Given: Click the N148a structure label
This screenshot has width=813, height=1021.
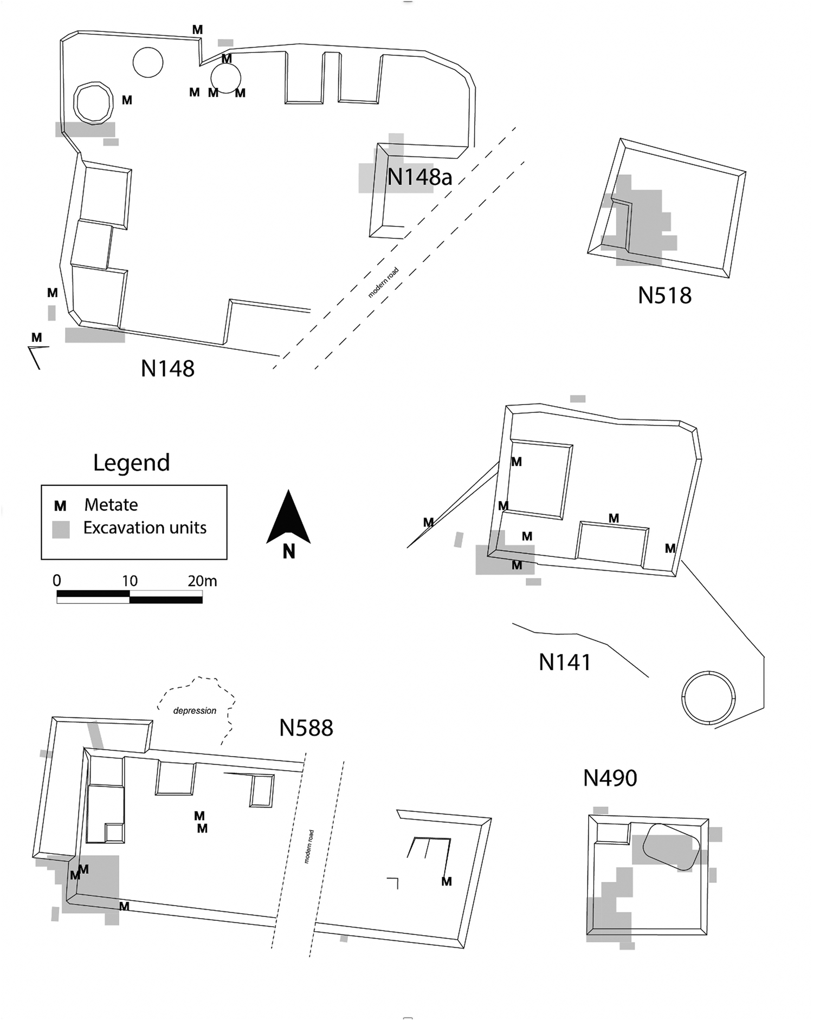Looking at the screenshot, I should tap(420, 177).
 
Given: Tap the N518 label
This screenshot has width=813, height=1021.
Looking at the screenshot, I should tap(664, 296).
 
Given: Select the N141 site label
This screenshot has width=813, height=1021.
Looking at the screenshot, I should tap(565, 662).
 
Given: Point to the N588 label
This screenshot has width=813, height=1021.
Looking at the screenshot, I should tap(306, 728).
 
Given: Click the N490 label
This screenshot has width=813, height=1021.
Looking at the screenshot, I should tap(610, 778).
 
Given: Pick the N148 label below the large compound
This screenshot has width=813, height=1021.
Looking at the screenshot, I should tap(167, 369).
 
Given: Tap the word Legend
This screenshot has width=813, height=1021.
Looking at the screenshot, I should tap(131, 463).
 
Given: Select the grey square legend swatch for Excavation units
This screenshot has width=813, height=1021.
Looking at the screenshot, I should tap(61, 529).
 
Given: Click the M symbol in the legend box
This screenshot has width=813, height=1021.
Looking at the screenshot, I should tap(60, 506).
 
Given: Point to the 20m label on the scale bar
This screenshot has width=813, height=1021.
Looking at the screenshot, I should tap(202, 581).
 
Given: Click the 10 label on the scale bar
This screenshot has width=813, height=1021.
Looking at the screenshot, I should tap(130, 581).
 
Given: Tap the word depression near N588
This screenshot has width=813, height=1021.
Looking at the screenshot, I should tap(195, 711).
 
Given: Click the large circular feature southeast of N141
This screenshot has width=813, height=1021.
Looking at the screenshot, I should tap(708, 698).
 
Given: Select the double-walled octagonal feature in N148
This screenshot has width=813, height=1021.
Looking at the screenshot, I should tap(93, 103).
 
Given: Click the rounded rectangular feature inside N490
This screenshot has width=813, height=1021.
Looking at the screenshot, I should tap(671, 846).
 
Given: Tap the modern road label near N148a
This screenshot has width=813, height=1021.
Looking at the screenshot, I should tap(384, 283).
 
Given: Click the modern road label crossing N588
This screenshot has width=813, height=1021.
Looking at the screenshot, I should tap(308, 847).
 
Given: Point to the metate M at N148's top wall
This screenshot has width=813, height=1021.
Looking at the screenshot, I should tap(198, 30).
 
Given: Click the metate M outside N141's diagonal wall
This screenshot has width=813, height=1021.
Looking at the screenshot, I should tap(428, 522).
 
